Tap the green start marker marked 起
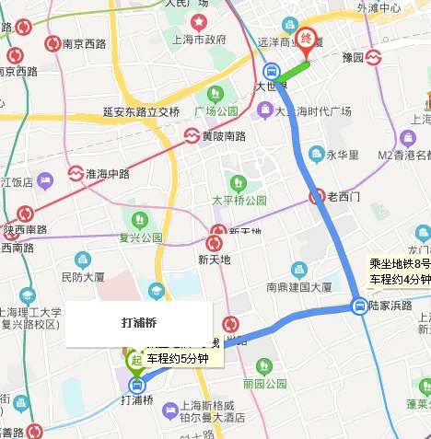[136, 360]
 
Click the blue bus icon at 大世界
[272, 72]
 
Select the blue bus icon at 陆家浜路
[357, 306]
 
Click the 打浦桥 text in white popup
[138, 323]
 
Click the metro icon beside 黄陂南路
[191, 136]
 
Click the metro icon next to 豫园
[374, 58]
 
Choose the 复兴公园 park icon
[139, 220]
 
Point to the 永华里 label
[342, 155]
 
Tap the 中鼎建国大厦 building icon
[298, 270]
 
